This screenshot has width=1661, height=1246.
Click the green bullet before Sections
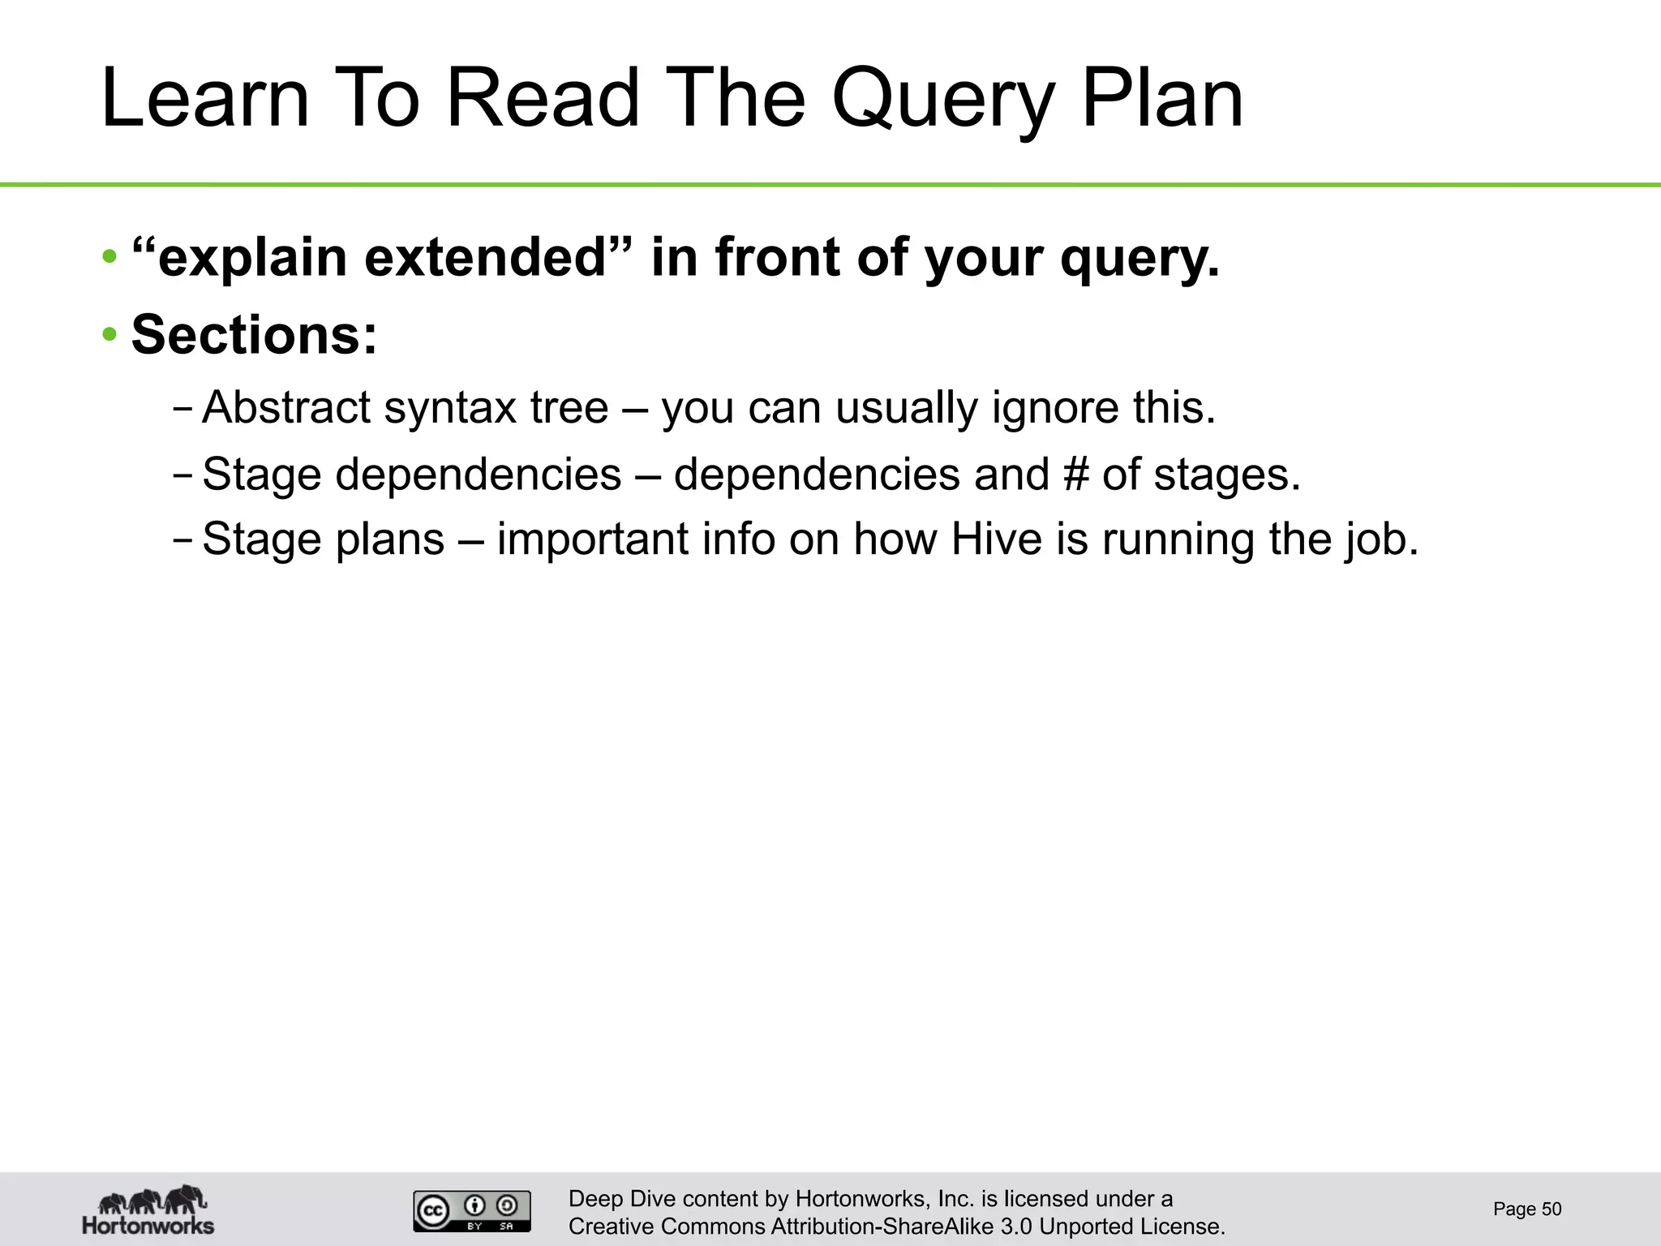(x=109, y=335)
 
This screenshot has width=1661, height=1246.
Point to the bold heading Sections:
(x=254, y=335)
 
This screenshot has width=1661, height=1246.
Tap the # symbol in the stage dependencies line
(x=1075, y=474)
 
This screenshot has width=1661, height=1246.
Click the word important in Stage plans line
(x=592, y=539)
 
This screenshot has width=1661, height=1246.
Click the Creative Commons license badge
(x=472, y=1211)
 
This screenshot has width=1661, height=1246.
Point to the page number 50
(x=1550, y=1209)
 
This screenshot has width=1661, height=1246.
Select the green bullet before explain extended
(x=109, y=258)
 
